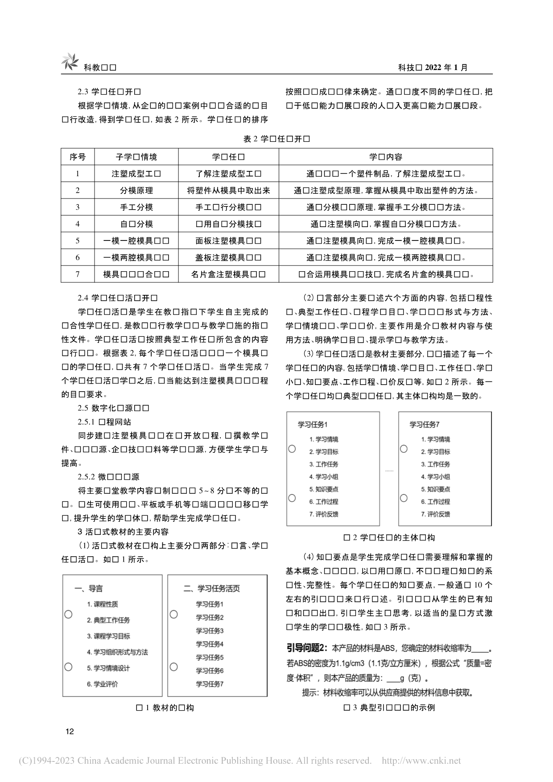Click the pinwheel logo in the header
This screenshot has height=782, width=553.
(x=70, y=62)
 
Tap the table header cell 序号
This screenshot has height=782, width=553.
(x=78, y=157)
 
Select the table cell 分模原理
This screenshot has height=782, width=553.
(x=136, y=190)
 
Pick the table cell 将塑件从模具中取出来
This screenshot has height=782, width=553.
(x=228, y=190)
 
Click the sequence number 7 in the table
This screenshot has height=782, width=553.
(x=78, y=274)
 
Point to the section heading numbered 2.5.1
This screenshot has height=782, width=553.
(x=104, y=422)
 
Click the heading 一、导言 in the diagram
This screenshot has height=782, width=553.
(x=89, y=588)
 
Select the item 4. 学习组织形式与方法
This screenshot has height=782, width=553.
(x=117, y=652)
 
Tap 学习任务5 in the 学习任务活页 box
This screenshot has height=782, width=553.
(x=210, y=657)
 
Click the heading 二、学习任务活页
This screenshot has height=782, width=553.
(x=212, y=588)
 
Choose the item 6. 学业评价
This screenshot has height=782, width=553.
(x=103, y=684)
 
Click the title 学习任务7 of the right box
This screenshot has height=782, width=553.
(x=425, y=424)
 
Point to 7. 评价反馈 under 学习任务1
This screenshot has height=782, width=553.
(x=324, y=514)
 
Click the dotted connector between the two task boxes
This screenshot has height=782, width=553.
(x=389, y=471)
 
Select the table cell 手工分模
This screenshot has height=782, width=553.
(x=136, y=207)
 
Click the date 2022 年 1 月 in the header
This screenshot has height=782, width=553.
(x=446, y=67)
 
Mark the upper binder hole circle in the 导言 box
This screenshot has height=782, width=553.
(x=68, y=614)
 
